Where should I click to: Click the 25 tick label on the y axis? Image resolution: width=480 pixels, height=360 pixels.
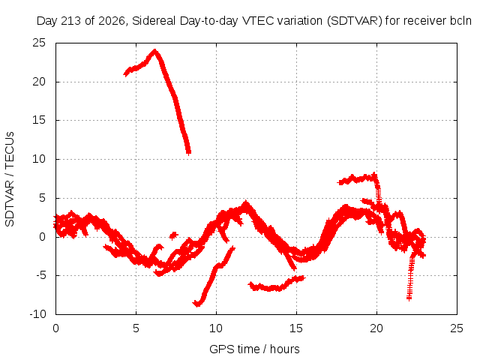click(39, 43)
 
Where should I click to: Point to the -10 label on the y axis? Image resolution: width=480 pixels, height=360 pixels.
click(37, 314)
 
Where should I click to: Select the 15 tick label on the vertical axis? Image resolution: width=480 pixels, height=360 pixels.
click(39, 120)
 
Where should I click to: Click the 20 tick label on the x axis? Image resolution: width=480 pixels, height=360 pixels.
click(376, 328)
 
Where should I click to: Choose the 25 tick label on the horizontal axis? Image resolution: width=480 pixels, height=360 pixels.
click(457, 328)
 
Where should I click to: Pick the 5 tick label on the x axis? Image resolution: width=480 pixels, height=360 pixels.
click(136, 328)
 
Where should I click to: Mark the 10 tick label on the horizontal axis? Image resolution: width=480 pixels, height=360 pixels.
click(216, 328)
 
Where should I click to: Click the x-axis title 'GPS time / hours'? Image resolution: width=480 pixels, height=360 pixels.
click(254, 349)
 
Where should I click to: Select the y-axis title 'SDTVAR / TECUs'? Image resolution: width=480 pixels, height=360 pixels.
click(10, 179)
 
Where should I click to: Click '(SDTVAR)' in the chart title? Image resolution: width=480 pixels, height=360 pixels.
click(355, 21)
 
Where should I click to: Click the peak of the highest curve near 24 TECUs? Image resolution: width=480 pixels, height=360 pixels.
click(155, 50)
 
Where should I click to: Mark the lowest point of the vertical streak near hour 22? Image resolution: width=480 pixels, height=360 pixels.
click(409, 298)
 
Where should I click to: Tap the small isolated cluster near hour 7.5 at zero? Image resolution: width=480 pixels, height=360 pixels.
click(173, 235)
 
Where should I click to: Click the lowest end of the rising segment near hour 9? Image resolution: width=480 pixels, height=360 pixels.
click(197, 304)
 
